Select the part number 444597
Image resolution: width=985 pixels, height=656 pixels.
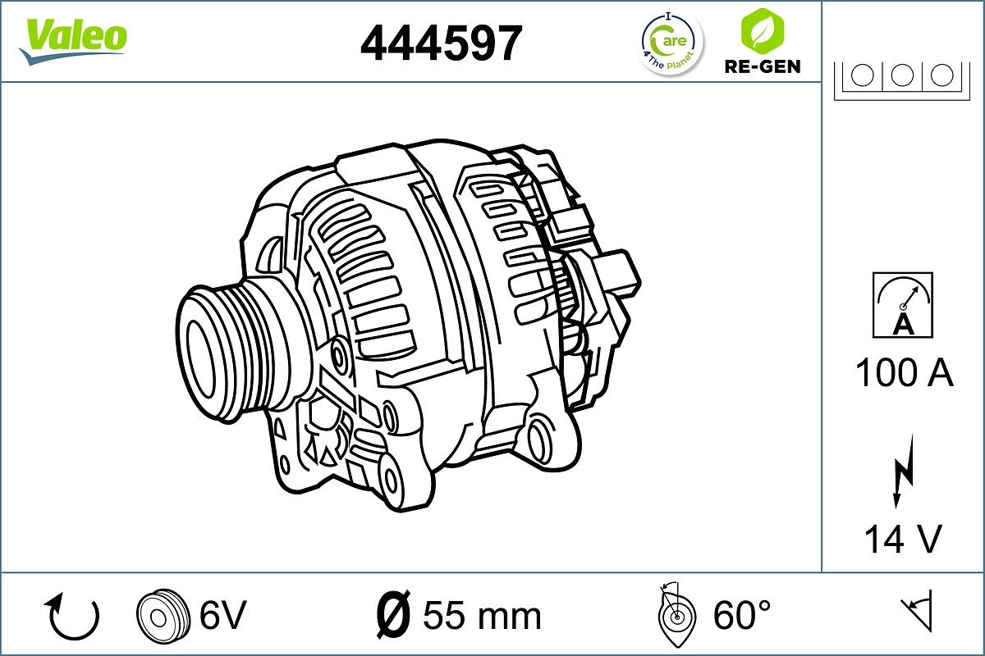pyautogui.click(x=442, y=43)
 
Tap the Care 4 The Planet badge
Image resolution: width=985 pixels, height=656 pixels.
pyautogui.click(x=671, y=43)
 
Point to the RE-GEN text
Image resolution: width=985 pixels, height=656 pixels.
pyautogui.click(x=762, y=66)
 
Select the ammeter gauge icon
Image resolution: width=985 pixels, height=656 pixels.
pyautogui.click(x=903, y=305)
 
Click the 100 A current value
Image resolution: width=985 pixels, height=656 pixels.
pyautogui.click(x=904, y=373)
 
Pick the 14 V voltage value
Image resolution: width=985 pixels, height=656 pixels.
pyautogui.click(x=902, y=539)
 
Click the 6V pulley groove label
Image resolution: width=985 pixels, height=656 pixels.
pyautogui.click(x=222, y=614)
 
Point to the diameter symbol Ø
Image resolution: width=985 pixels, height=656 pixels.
pyautogui.click(x=392, y=614)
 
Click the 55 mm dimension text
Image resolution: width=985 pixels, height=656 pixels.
pyautogui.click(x=482, y=615)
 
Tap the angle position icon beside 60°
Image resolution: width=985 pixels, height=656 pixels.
pyautogui.click(x=677, y=614)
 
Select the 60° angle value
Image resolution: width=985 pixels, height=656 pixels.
pyautogui.click(x=742, y=614)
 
